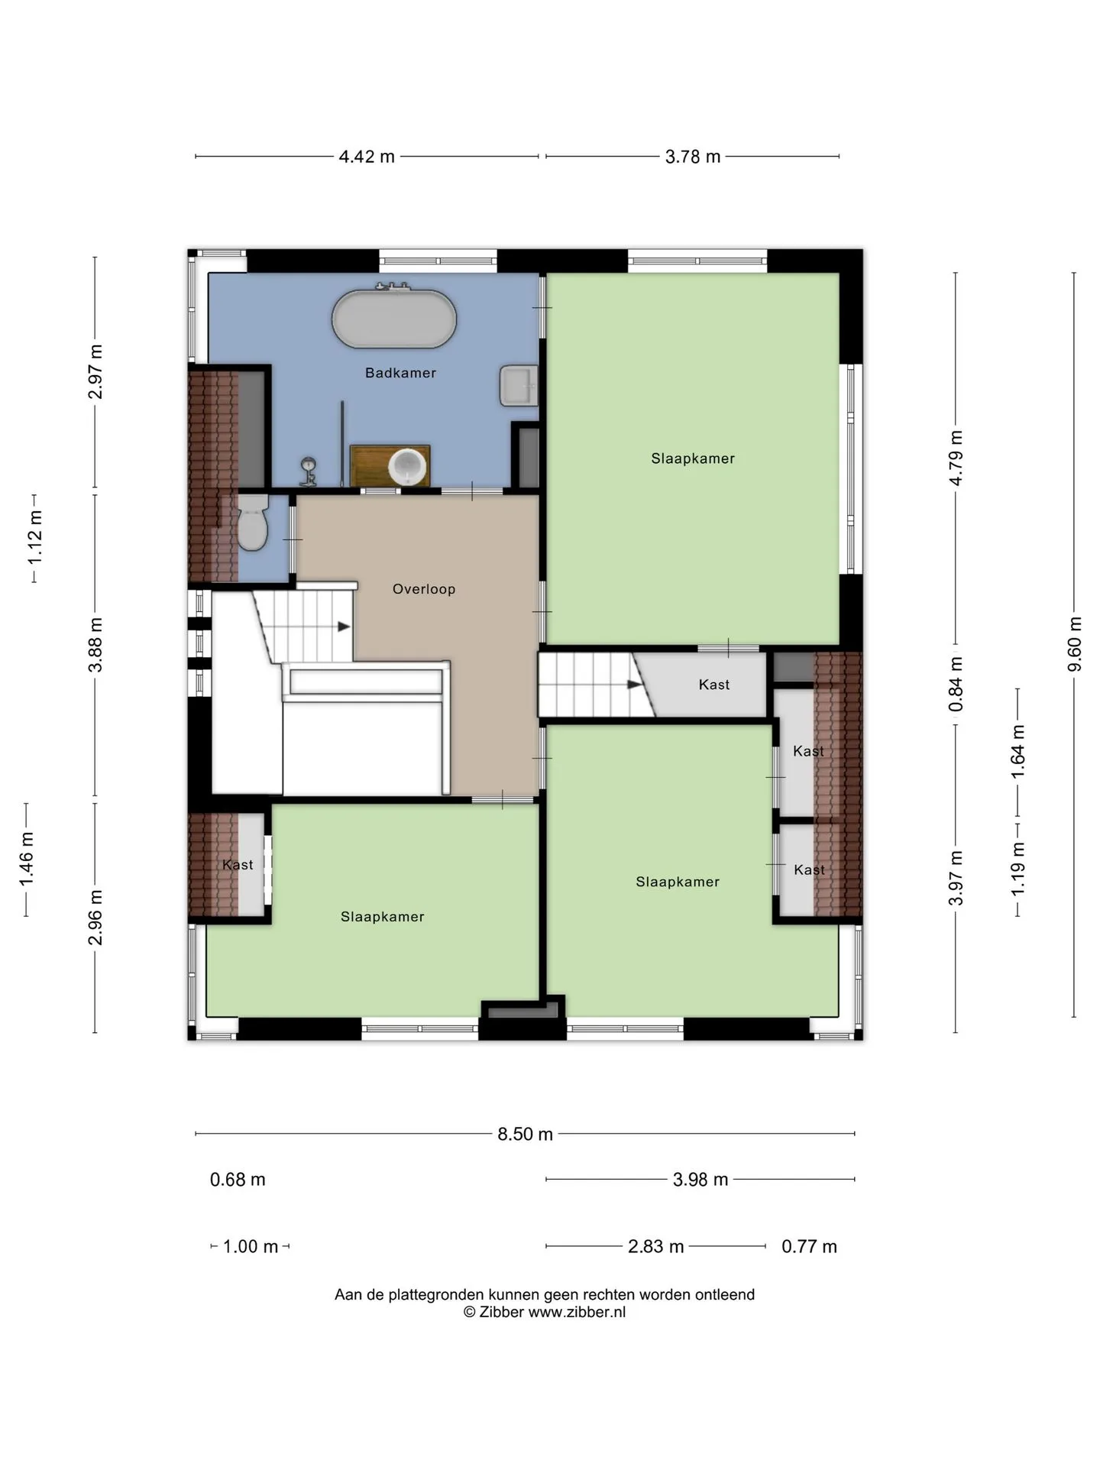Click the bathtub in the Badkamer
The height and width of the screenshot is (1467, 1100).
coord(393,319)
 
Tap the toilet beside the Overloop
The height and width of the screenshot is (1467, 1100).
coord(253,521)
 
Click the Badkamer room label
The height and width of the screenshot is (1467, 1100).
coord(400,373)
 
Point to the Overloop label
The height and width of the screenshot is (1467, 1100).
coord(424,589)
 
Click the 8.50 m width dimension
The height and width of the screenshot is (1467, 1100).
coord(525,1134)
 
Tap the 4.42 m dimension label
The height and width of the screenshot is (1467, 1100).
coord(367,157)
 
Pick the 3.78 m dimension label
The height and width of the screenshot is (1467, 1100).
coord(693,157)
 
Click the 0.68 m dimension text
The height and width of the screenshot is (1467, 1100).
coord(238,1180)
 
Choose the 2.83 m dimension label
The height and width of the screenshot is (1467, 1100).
coord(655,1247)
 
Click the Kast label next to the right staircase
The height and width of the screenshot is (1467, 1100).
coord(714,685)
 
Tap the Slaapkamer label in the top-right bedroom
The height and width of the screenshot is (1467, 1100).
coord(693,458)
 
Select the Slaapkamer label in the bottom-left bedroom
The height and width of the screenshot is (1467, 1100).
coord(382,917)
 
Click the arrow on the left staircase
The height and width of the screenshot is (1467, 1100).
coord(344,627)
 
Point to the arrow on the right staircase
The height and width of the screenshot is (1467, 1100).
coord(634,685)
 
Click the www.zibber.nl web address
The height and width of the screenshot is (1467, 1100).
coord(577,1312)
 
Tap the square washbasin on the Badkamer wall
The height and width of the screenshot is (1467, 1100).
coord(519,385)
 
